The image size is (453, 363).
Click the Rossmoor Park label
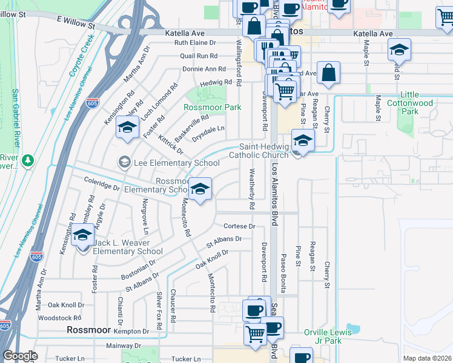tap(213, 107)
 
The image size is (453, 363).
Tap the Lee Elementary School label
tap(174, 163)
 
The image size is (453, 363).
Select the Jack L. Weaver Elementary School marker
tap(82, 237)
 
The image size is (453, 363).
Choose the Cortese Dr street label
tap(240, 226)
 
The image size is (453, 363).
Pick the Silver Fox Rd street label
tap(159, 310)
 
